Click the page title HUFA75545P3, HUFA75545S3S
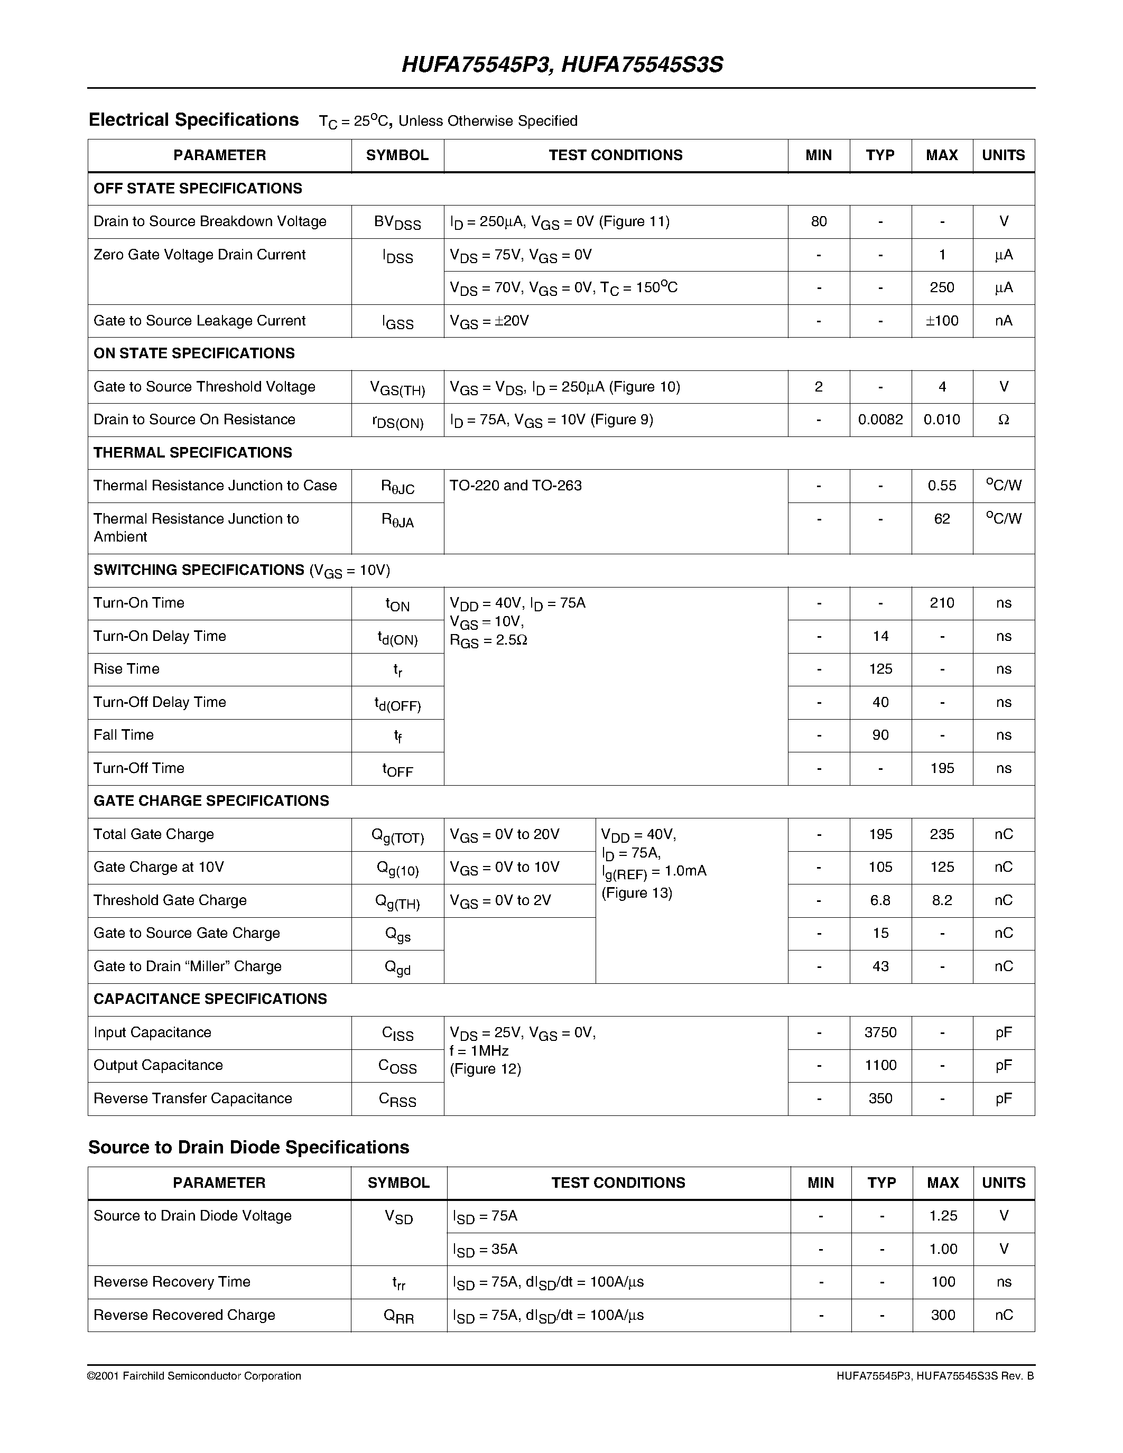[x=562, y=64]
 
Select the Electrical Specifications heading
[x=193, y=120]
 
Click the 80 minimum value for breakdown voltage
[x=818, y=221]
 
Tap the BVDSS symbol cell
[x=397, y=222]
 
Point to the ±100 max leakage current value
[x=941, y=321]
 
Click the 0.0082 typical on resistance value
[x=880, y=420]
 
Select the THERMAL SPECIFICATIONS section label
[x=193, y=452]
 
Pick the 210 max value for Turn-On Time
[x=941, y=603]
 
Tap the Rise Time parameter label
[x=126, y=668]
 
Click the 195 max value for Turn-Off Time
[x=941, y=768]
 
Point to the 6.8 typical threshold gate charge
[x=880, y=900]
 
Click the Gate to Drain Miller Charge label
[x=188, y=966]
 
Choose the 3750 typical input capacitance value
[x=880, y=1032]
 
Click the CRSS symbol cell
[x=397, y=1099]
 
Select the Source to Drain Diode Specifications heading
[x=249, y=1147]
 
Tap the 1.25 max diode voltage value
[x=943, y=1215]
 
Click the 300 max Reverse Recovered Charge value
[x=943, y=1315]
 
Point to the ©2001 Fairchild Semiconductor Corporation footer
[x=194, y=1376]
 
